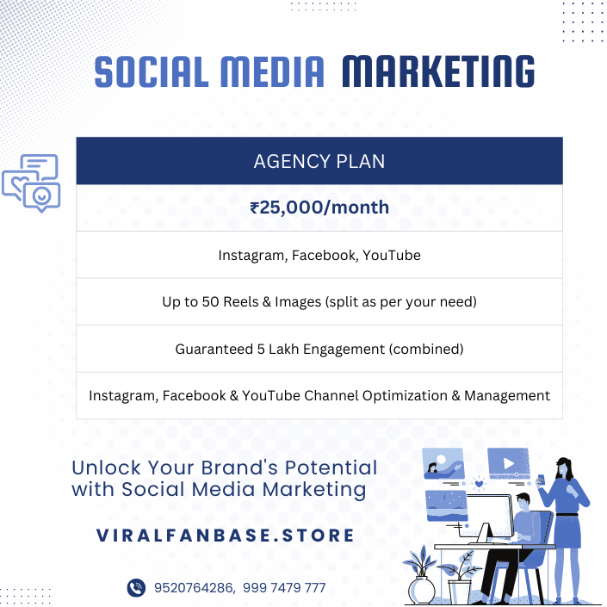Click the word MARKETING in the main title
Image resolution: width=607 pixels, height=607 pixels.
coord(438,71)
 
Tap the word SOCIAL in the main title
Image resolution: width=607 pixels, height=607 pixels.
coord(152,71)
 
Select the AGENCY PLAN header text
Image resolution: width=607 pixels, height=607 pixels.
coord(319,161)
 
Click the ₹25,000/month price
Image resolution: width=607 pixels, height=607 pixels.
coord(319,207)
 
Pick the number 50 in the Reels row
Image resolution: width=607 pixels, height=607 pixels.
coord(210,302)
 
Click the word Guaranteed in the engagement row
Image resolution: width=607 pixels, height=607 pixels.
coord(214,350)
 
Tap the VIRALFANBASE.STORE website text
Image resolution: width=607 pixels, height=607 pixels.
coord(225,536)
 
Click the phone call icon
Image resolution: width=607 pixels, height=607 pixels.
coord(136,588)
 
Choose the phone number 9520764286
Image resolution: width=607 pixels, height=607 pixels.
coord(194,588)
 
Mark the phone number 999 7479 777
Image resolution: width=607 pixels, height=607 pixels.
coord(284,588)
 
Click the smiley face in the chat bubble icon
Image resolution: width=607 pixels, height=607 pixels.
coord(42,196)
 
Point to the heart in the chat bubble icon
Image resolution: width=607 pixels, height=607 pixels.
coord(20,183)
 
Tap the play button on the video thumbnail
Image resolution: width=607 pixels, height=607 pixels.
coord(509,463)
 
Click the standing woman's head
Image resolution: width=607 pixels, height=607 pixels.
coord(563,468)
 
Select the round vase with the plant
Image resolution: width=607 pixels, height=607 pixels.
coord(422,591)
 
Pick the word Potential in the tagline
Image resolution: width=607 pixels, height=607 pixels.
coord(331,468)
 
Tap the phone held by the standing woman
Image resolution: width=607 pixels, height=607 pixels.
coord(541,480)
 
